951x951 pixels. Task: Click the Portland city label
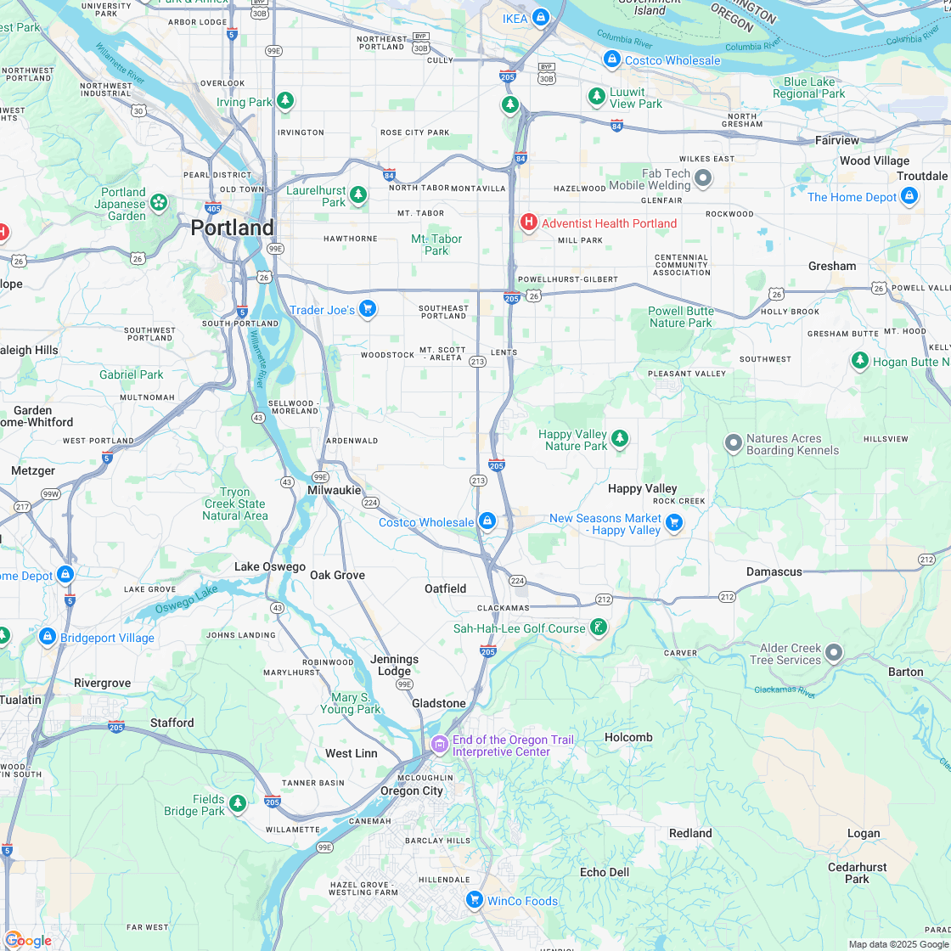pyautogui.click(x=232, y=228)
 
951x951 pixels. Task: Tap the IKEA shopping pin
pyautogui.click(x=540, y=18)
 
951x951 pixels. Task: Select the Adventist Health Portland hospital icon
pyautogui.click(x=528, y=222)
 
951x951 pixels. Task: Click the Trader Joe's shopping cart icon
pyautogui.click(x=367, y=309)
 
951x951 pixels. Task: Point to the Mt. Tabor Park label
pyautogui.click(x=436, y=245)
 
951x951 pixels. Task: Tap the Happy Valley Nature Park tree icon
pyautogui.click(x=621, y=438)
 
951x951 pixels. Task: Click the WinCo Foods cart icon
pyautogui.click(x=475, y=899)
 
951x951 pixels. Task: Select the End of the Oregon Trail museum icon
pyautogui.click(x=439, y=745)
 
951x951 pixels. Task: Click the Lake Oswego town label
pyautogui.click(x=269, y=566)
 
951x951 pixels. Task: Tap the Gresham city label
pyautogui.click(x=832, y=266)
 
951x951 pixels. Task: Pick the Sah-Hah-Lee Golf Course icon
pyautogui.click(x=599, y=627)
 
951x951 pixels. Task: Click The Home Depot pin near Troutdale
pyautogui.click(x=909, y=196)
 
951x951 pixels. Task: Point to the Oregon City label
pyautogui.click(x=411, y=791)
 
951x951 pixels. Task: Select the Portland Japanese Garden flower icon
pyautogui.click(x=158, y=202)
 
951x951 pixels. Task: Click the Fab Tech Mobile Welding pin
pyautogui.click(x=702, y=178)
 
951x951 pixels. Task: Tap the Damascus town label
pyautogui.click(x=774, y=571)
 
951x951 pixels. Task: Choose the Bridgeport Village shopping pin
pyautogui.click(x=47, y=637)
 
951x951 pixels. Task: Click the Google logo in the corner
pyautogui.click(x=28, y=940)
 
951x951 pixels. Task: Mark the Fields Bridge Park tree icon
pyautogui.click(x=238, y=803)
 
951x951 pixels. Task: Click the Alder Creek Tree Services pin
pyautogui.click(x=834, y=652)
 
